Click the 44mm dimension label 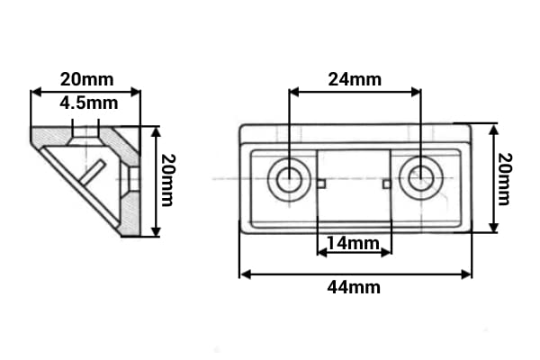(x=354, y=287)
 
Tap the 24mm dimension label (x=355, y=79)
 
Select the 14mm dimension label (x=353, y=243)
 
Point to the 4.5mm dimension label (x=89, y=103)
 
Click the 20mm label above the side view (x=86, y=79)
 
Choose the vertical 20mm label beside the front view (x=505, y=179)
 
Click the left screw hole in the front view (x=289, y=179)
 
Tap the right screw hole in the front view (x=421, y=178)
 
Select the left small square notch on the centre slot (x=321, y=184)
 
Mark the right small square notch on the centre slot (x=387, y=184)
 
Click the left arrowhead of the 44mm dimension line (x=245, y=274)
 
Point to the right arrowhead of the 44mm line (x=466, y=274)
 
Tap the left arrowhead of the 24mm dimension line (x=294, y=92)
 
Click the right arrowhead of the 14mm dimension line (x=386, y=253)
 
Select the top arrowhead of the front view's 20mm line (x=494, y=130)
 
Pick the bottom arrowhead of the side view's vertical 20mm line (x=157, y=231)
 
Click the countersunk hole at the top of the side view (x=85, y=135)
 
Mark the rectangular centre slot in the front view (x=354, y=186)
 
